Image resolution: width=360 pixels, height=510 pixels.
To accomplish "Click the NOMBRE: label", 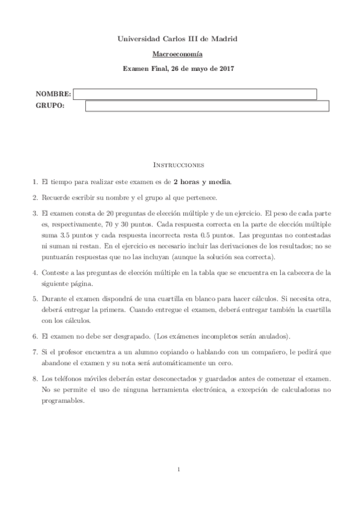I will [x=53, y=94].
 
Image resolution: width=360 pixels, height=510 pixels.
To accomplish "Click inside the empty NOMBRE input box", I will [x=195, y=94].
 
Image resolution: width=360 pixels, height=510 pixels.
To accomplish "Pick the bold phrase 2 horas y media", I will [x=202, y=181].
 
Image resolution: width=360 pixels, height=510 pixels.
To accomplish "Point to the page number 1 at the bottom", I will [x=180, y=469].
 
